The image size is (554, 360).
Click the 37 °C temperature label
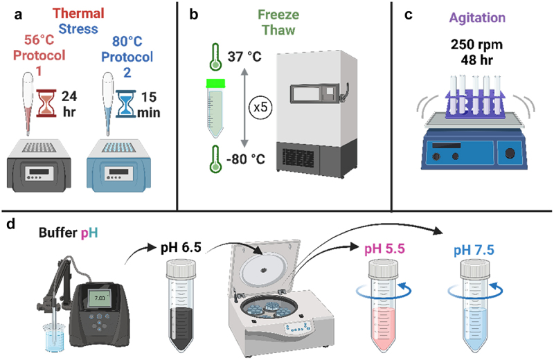pyautogui.click(x=247, y=56)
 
